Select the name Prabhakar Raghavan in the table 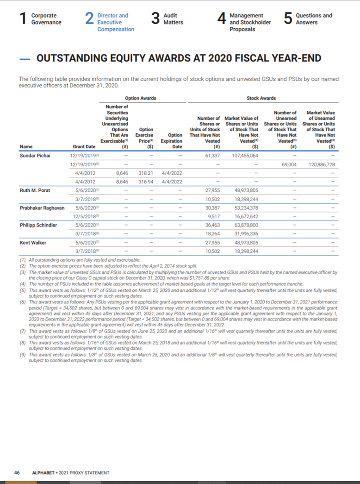tap(42, 207)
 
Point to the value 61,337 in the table tap(212, 155)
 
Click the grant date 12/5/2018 tap(82, 216)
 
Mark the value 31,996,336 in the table tap(246, 233)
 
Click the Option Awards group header tap(140, 98)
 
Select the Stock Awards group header tap(261, 98)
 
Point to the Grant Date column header tap(84, 147)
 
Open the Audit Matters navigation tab tap(174, 19)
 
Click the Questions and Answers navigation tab tap(314, 19)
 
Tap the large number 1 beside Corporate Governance tap(22, 19)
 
